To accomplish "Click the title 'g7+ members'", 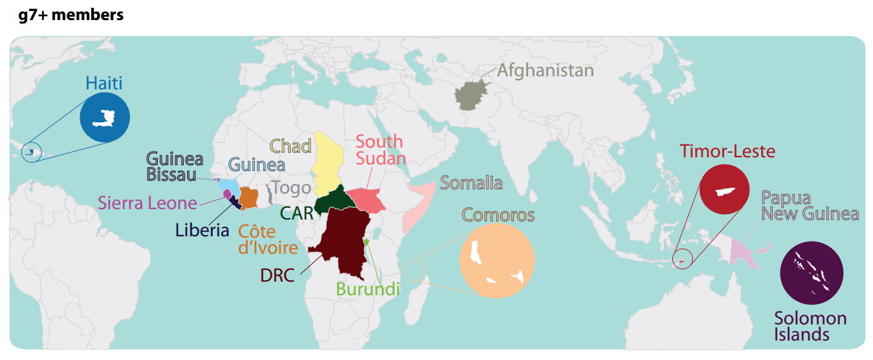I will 71,15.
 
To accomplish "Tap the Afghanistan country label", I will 545,70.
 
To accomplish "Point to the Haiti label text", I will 104,83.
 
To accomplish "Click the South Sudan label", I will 381,150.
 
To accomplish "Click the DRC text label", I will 277,275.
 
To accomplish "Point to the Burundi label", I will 368,289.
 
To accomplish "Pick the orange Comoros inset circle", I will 496,261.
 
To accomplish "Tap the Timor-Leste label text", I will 727,151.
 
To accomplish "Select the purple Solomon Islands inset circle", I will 812,273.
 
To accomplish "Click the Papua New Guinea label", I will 810,206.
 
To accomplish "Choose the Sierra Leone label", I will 147,203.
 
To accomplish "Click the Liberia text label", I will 202,230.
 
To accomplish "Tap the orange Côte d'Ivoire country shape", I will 249,197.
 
